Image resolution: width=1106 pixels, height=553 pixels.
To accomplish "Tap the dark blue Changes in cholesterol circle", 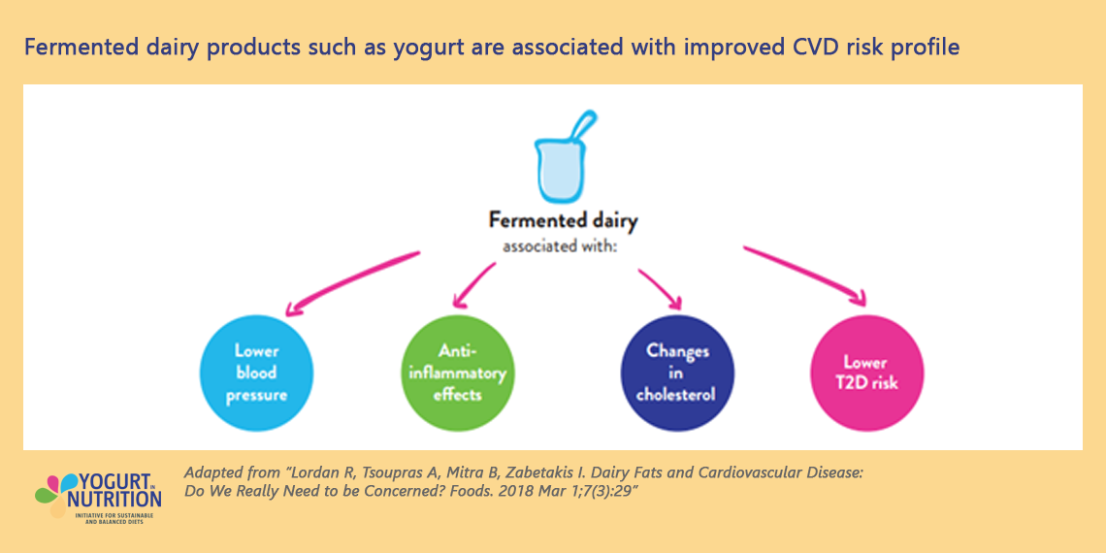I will click(677, 373).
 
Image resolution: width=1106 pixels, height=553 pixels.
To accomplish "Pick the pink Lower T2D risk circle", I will click(867, 373).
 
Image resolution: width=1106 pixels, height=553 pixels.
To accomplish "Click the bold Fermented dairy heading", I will click(563, 221).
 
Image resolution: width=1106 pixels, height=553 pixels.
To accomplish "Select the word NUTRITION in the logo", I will click(114, 499).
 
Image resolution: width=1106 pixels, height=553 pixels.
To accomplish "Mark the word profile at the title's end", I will click(926, 47).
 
